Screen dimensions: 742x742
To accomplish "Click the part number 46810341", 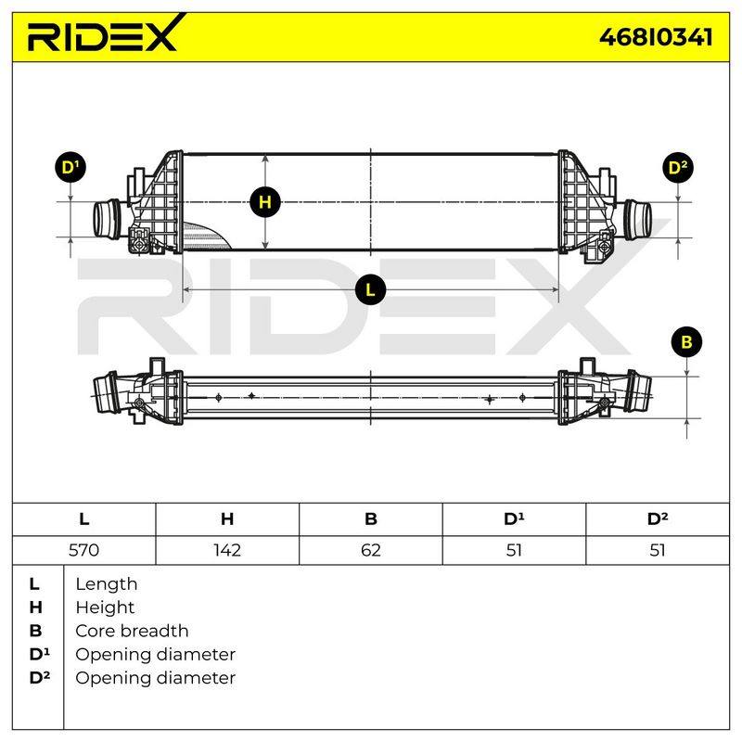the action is [656, 37].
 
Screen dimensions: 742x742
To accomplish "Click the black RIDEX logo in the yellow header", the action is [106, 33].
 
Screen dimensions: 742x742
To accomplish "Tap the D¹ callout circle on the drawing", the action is [70, 168].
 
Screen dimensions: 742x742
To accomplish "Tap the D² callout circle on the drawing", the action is [678, 168].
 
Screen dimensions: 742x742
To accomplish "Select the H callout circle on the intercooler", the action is [265, 202].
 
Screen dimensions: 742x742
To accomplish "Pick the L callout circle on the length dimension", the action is [370, 289].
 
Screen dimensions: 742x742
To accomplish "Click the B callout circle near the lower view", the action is [686, 341].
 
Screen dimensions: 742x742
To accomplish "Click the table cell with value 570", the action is [83, 550].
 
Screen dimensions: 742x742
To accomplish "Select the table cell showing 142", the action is [227, 550].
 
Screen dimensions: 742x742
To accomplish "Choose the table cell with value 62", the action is [370, 550].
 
